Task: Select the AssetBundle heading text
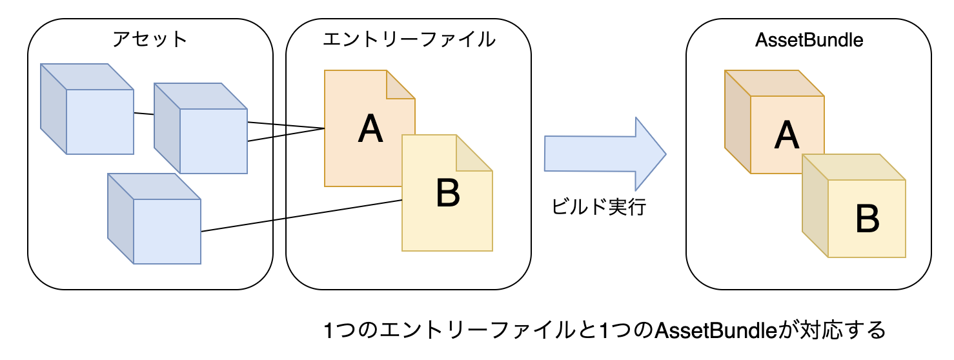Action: [809, 40]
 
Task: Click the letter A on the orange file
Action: [370, 129]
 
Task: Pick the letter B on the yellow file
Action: [448, 193]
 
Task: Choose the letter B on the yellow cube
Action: [867, 219]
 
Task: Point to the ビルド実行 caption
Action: [598, 208]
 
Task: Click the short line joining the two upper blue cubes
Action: [143, 115]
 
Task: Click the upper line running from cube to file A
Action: [286, 125]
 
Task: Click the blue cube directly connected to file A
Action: [201, 129]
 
